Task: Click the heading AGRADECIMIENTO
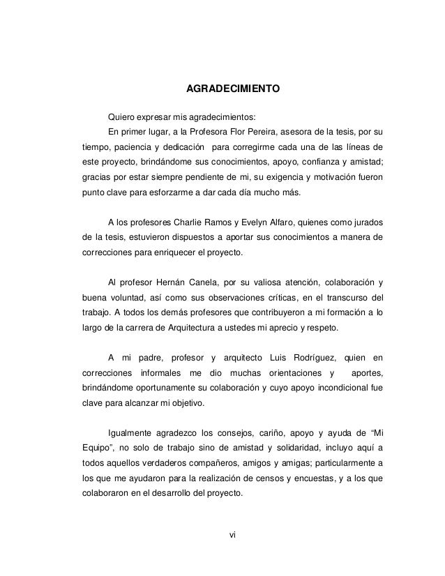[232, 90]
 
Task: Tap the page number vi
[233, 536]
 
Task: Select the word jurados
[365, 223]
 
